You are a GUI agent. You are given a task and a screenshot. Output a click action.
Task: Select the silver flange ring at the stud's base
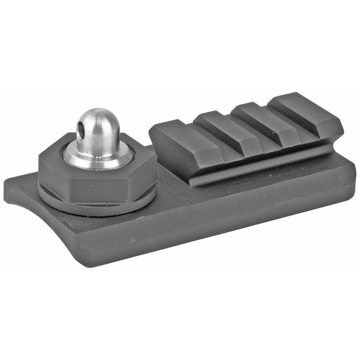[97, 157]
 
